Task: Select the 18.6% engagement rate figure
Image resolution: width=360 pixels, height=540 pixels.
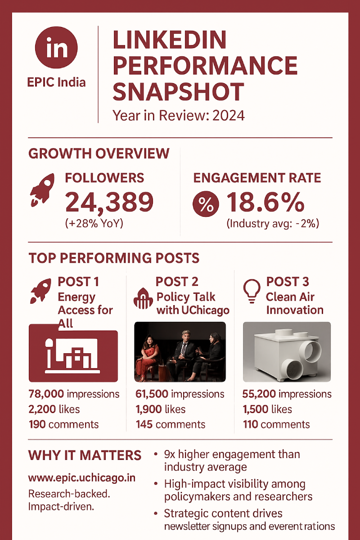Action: point(265,202)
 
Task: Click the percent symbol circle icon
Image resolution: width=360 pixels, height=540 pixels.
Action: point(206,204)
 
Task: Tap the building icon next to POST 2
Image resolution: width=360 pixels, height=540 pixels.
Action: point(144,297)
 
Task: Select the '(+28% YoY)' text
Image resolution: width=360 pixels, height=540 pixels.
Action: point(94,224)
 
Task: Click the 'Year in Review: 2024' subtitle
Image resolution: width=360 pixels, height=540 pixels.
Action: point(179,115)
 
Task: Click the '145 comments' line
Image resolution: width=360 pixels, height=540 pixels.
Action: point(171,424)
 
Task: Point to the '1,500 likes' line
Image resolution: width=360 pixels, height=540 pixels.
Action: point(267,409)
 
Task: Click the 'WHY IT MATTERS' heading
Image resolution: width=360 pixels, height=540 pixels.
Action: point(85,455)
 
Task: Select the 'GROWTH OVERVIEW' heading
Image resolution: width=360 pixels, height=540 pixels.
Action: point(99,153)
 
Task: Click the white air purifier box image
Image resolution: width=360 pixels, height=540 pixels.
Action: point(287,352)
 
